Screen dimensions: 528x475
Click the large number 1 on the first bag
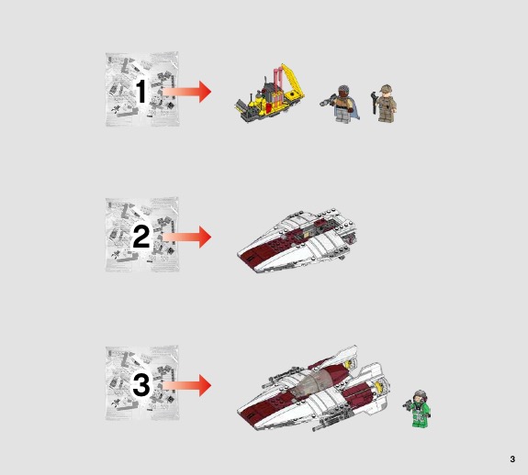pyautogui.click(x=141, y=91)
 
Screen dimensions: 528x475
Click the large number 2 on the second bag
pyautogui.click(x=141, y=237)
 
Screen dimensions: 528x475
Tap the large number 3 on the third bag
pyautogui.click(x=141, y=385)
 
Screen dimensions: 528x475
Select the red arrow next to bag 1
pyautogui.click(x=186, y=92)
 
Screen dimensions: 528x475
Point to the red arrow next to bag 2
pyautogui.click(x=186, y=237)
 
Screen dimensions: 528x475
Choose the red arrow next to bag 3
pyautogui.click(x=186, y=385)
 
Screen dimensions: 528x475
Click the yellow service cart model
pyautogui.click(x=270, y=94)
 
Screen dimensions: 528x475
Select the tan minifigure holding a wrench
pyautogui.click(x=386, y=103)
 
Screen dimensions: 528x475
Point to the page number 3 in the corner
pyautogui.click(x=512, y=458)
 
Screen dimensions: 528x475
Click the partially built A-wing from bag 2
pyautogui.click(x=297, y=240)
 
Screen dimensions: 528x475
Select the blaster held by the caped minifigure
pyautogui.click(x=327, y=100)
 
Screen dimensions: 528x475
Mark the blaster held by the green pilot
pyautogui.click(x=408, y=403)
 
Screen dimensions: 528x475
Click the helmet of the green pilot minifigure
pyautogui.click(x=420, y=395)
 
